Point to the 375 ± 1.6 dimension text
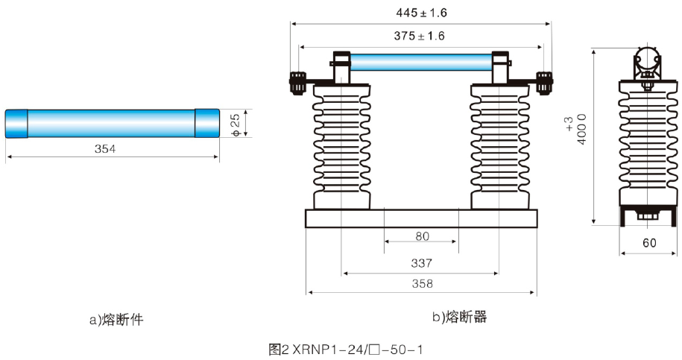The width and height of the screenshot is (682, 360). (420, 36)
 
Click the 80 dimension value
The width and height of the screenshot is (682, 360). (422, 237)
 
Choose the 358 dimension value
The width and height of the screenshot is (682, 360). (422, 283)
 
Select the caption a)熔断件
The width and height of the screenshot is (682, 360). (116, 320)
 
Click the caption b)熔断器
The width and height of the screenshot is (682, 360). (459, 318)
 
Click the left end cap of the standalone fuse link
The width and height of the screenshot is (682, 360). (16, 123)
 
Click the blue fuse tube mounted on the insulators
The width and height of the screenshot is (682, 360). (420, 61)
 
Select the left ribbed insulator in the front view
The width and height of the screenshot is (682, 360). (341, 145)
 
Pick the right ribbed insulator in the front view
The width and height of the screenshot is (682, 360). (500, 145)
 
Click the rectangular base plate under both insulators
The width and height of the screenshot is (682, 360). (421, 218)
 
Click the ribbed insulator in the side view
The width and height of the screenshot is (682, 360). (645, 145)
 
